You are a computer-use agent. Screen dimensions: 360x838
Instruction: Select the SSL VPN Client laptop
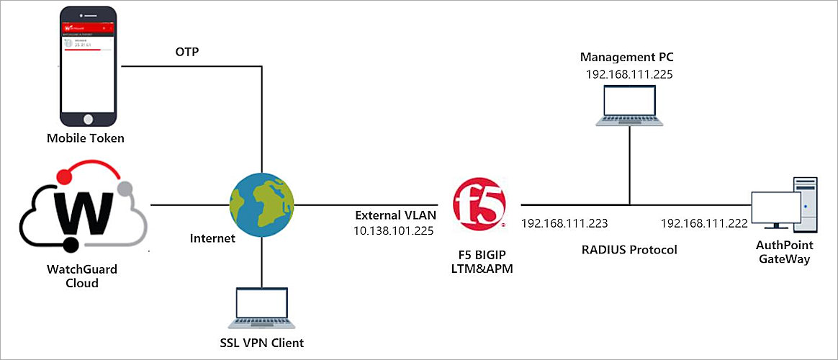261,307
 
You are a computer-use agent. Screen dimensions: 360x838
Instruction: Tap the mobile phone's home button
88,117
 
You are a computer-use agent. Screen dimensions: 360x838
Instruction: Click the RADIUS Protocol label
630,251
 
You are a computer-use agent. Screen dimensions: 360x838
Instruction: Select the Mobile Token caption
86,138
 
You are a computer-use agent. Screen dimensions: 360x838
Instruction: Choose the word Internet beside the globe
212,238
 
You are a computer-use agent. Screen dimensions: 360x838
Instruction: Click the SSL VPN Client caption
261,343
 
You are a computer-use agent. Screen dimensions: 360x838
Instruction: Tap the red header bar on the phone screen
88,27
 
